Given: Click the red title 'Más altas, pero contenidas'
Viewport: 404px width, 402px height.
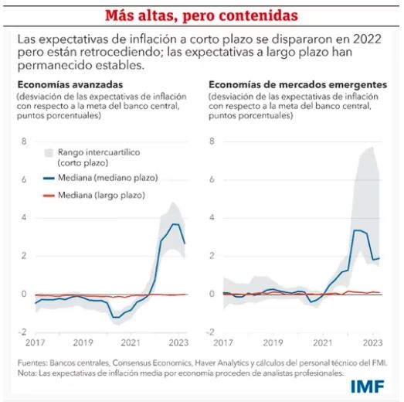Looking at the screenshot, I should [x=201, y=15].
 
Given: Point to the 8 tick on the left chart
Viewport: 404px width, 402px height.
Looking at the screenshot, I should [x=24, y=141].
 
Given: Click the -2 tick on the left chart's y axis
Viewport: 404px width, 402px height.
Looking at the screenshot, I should [x=22, y=332].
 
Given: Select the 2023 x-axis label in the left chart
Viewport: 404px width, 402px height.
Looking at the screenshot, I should [x=178, y=342].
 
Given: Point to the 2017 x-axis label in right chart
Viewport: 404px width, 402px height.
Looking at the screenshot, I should [x=224, y=342].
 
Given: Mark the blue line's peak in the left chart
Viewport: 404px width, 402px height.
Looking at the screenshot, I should [x=175, y=224].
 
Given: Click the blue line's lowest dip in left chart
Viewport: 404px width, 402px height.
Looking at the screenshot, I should [x=115, y=317].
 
